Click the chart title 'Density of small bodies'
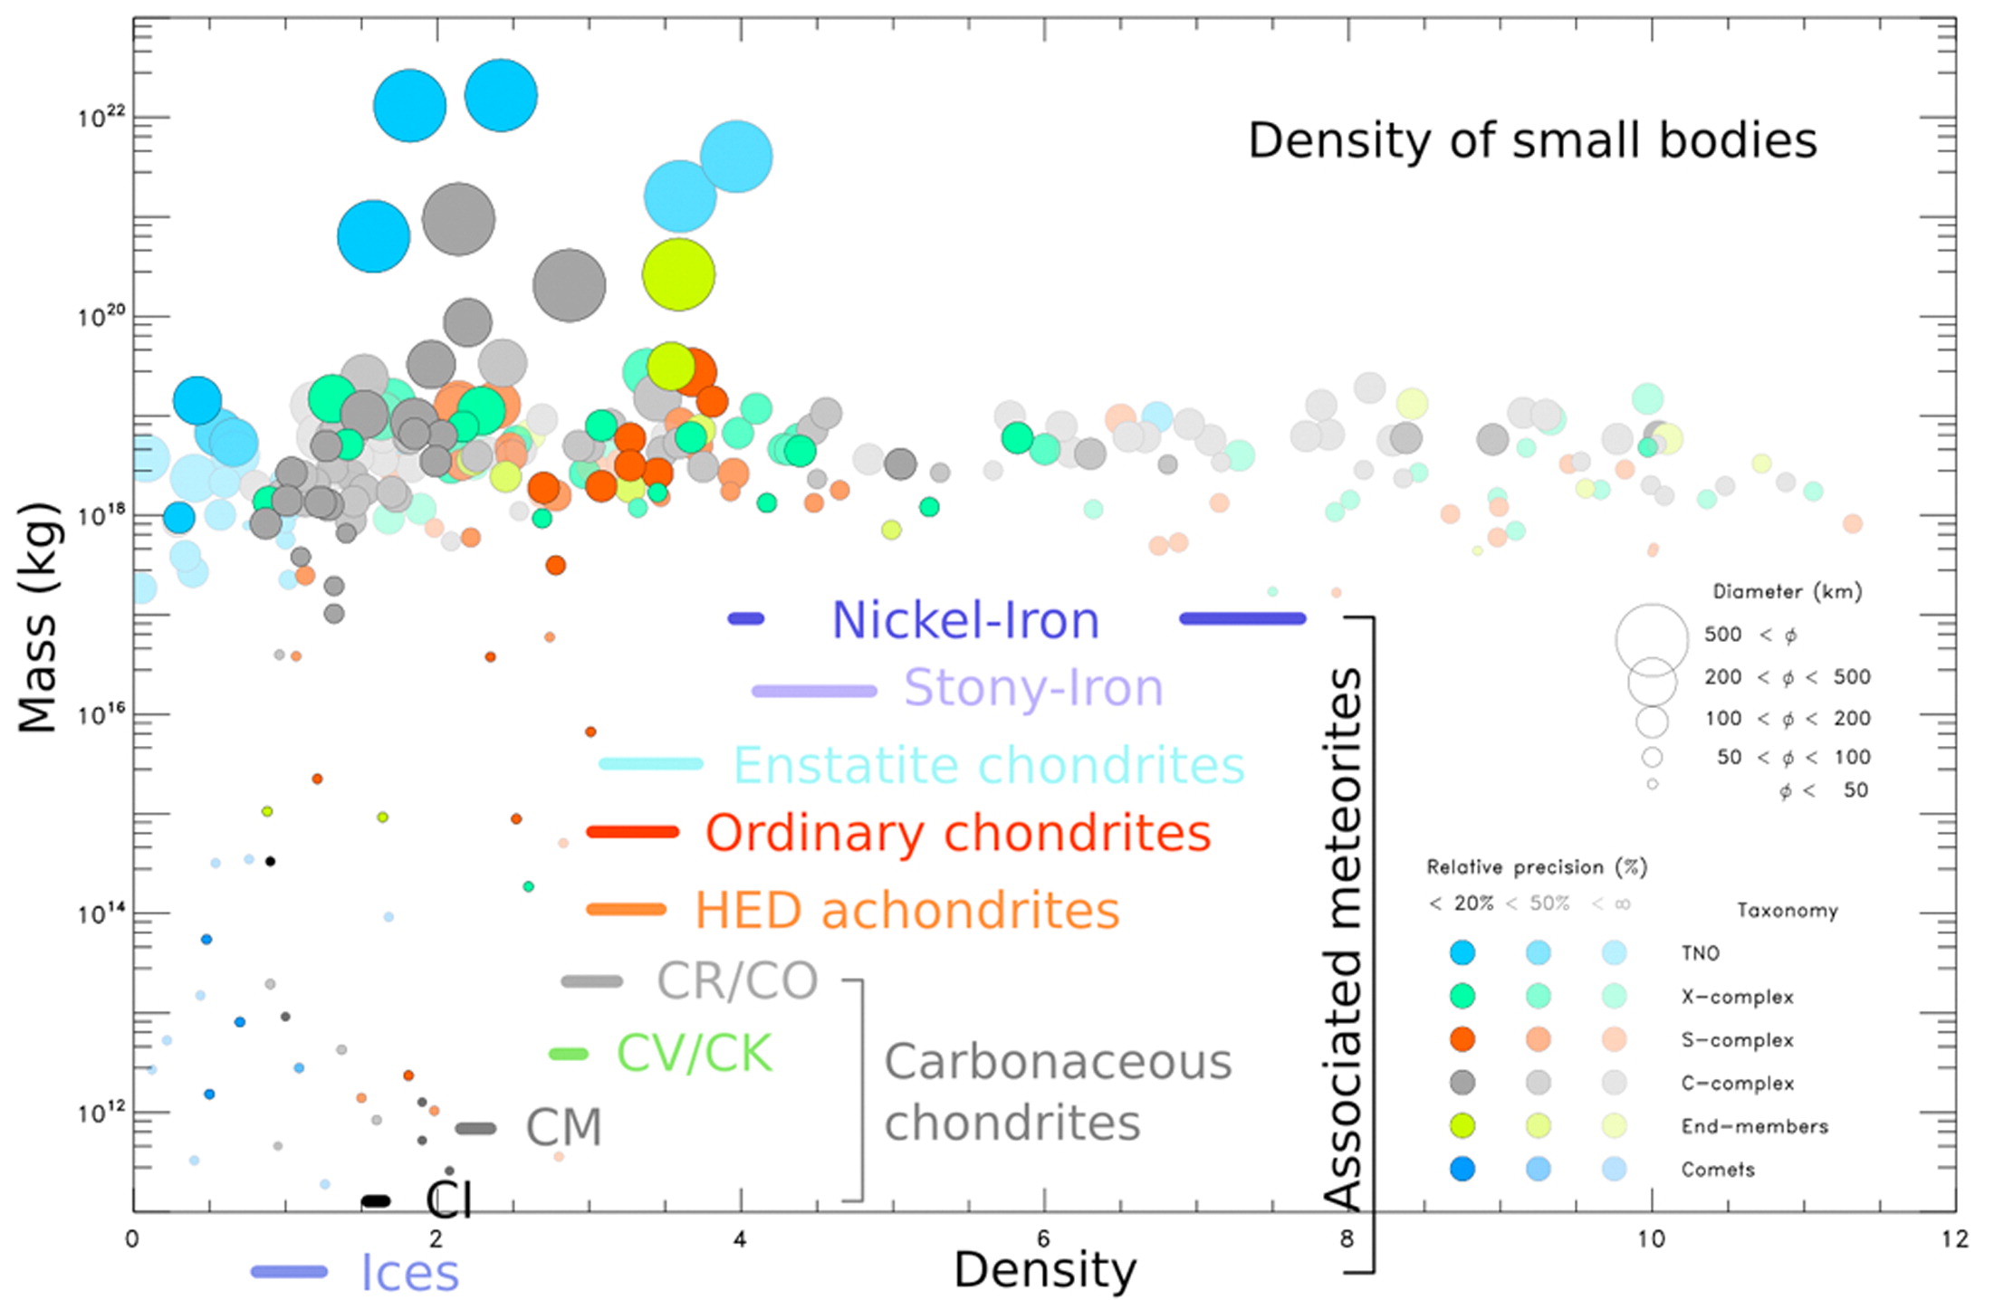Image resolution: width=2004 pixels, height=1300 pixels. [1532, 141]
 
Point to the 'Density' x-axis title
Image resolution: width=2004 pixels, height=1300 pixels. [1044, 1269]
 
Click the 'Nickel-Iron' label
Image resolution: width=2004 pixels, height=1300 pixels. [965, 621]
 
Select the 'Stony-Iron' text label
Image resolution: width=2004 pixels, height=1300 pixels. [1033, 688]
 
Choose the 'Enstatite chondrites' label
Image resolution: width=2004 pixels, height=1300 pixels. [988, 766]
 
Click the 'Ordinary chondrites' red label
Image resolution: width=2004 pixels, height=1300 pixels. [957, 833]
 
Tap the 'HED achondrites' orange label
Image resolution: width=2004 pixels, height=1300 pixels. [906, 911]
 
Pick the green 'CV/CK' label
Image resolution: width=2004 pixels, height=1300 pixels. [694, 1054]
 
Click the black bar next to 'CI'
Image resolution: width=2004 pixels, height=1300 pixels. [375, 1201]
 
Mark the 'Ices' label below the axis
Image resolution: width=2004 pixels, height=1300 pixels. [409, 1273]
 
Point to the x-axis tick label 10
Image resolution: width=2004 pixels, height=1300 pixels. [1651, 1238]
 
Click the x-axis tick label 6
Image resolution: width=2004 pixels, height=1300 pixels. [1043, 1238]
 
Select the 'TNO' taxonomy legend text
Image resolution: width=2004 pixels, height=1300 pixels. [1700, 953]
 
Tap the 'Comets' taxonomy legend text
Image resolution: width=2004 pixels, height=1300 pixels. [1717, 1170]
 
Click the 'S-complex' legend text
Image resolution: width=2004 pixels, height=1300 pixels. [1737, 1040]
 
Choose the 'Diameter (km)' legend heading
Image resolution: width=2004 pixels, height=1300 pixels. [1787, 592]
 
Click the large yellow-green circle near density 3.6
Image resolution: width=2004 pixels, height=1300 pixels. [678, 274]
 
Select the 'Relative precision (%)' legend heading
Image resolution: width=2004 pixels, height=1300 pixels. [1536, 867]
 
